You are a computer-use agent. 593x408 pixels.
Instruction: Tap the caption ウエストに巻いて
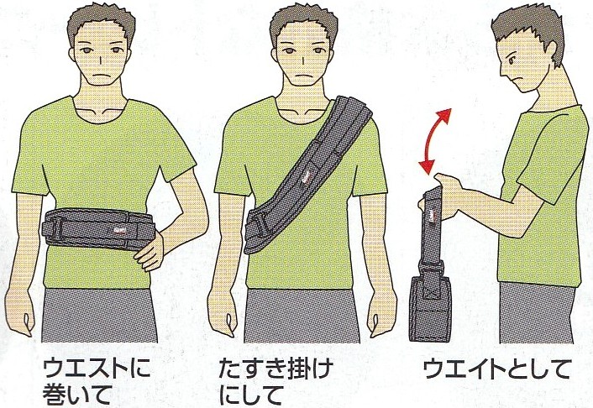tap(97, 381)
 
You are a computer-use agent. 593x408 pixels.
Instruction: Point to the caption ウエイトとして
tap(496, 369)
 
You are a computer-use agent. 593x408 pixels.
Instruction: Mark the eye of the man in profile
tap(512, 60)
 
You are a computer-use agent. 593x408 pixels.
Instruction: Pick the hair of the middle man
tap(303, 24)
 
